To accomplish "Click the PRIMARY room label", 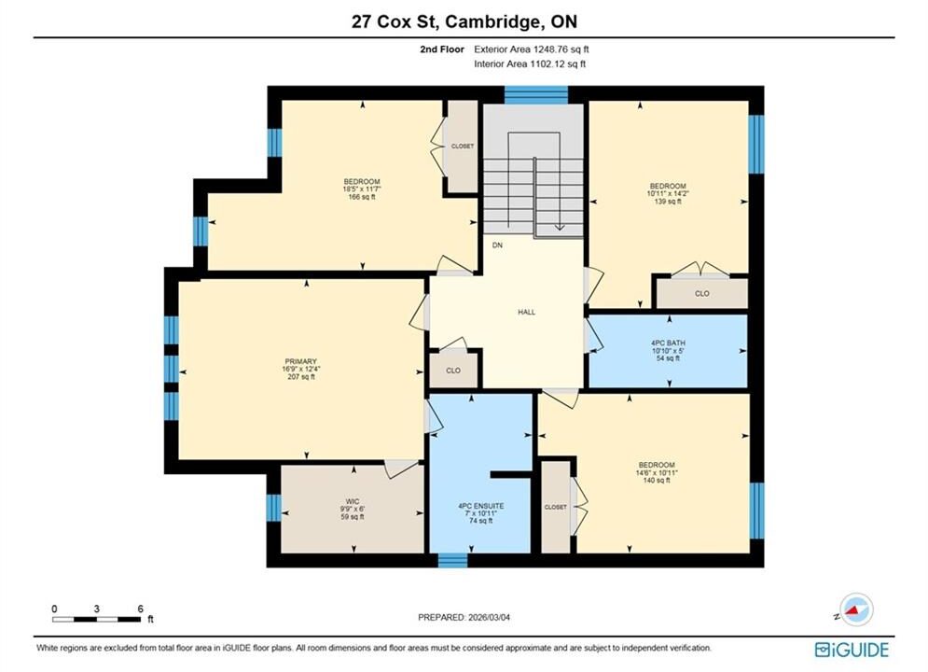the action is click(x=300, y=361).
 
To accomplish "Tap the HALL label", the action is click(x=526, y=312).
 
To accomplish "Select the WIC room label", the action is click(x=353, y=501).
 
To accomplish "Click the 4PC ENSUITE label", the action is click(x=480, y=506).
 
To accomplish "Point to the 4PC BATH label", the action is click(x=668, y=343).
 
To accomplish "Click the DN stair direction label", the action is click(x=497, y=245).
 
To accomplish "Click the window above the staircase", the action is click(x=536, y=94).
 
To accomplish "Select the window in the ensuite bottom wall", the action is click(x=452, y=560).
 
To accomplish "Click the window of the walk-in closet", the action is click(x=273, y=508).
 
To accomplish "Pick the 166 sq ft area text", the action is click(x=362, y=197).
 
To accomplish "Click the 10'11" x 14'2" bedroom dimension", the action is click(x=668, y=193).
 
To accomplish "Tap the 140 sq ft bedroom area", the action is click(x=657, y=481).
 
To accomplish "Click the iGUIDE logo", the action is click(x=852, y=650).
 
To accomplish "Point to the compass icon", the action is click(x=855, y=609).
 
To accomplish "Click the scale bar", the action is click(x=96, y=620).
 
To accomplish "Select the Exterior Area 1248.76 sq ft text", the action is click(x=532, y=49).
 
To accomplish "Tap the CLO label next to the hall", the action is click(x=452, y=371).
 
